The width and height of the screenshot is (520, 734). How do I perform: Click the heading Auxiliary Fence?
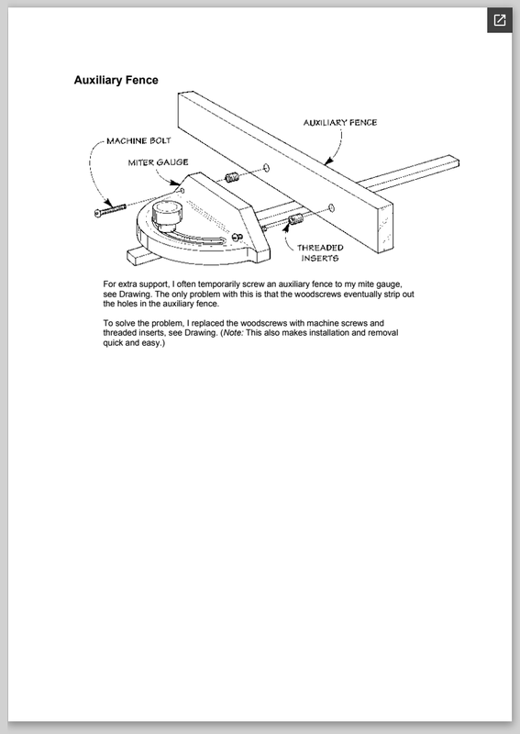tap(116, 80)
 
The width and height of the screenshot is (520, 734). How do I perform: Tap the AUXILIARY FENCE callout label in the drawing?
tap(340, 123)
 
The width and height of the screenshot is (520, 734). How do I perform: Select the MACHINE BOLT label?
tap(139, 141)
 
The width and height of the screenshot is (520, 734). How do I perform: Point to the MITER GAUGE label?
tap(158, 162)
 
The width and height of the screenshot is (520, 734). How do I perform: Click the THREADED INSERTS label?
tap(320, 253)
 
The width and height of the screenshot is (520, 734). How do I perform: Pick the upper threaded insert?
tap(232, 177)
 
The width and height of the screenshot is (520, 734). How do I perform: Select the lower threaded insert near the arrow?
tap(295, 218)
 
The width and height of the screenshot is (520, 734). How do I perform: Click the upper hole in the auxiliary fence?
tap(266, 168)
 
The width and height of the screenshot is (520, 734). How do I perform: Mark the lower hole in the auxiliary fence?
tap(331, 208)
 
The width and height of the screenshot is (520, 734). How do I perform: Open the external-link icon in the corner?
tap(500, 20)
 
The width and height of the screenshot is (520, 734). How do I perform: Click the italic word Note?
tap(233, 333)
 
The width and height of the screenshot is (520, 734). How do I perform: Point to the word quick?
tap(114, 342)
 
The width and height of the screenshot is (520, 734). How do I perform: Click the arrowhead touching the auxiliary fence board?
tap(329, 161)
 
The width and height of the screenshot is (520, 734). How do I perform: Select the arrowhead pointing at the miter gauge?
tap(174, 183)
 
